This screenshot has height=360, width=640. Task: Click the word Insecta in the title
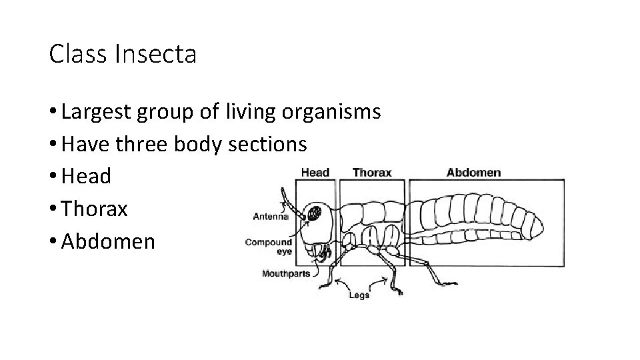pos(155,55)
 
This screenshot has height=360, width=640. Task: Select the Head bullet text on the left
pos(86,177)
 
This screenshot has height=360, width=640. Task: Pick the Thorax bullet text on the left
pos(94,209)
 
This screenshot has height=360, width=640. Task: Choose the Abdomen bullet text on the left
pos(107,241)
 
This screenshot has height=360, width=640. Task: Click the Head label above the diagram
pos(315,173)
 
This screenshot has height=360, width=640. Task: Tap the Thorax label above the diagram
pos(371,173)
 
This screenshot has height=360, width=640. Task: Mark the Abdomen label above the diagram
pos(473,173)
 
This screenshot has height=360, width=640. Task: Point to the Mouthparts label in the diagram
pos(285,273)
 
